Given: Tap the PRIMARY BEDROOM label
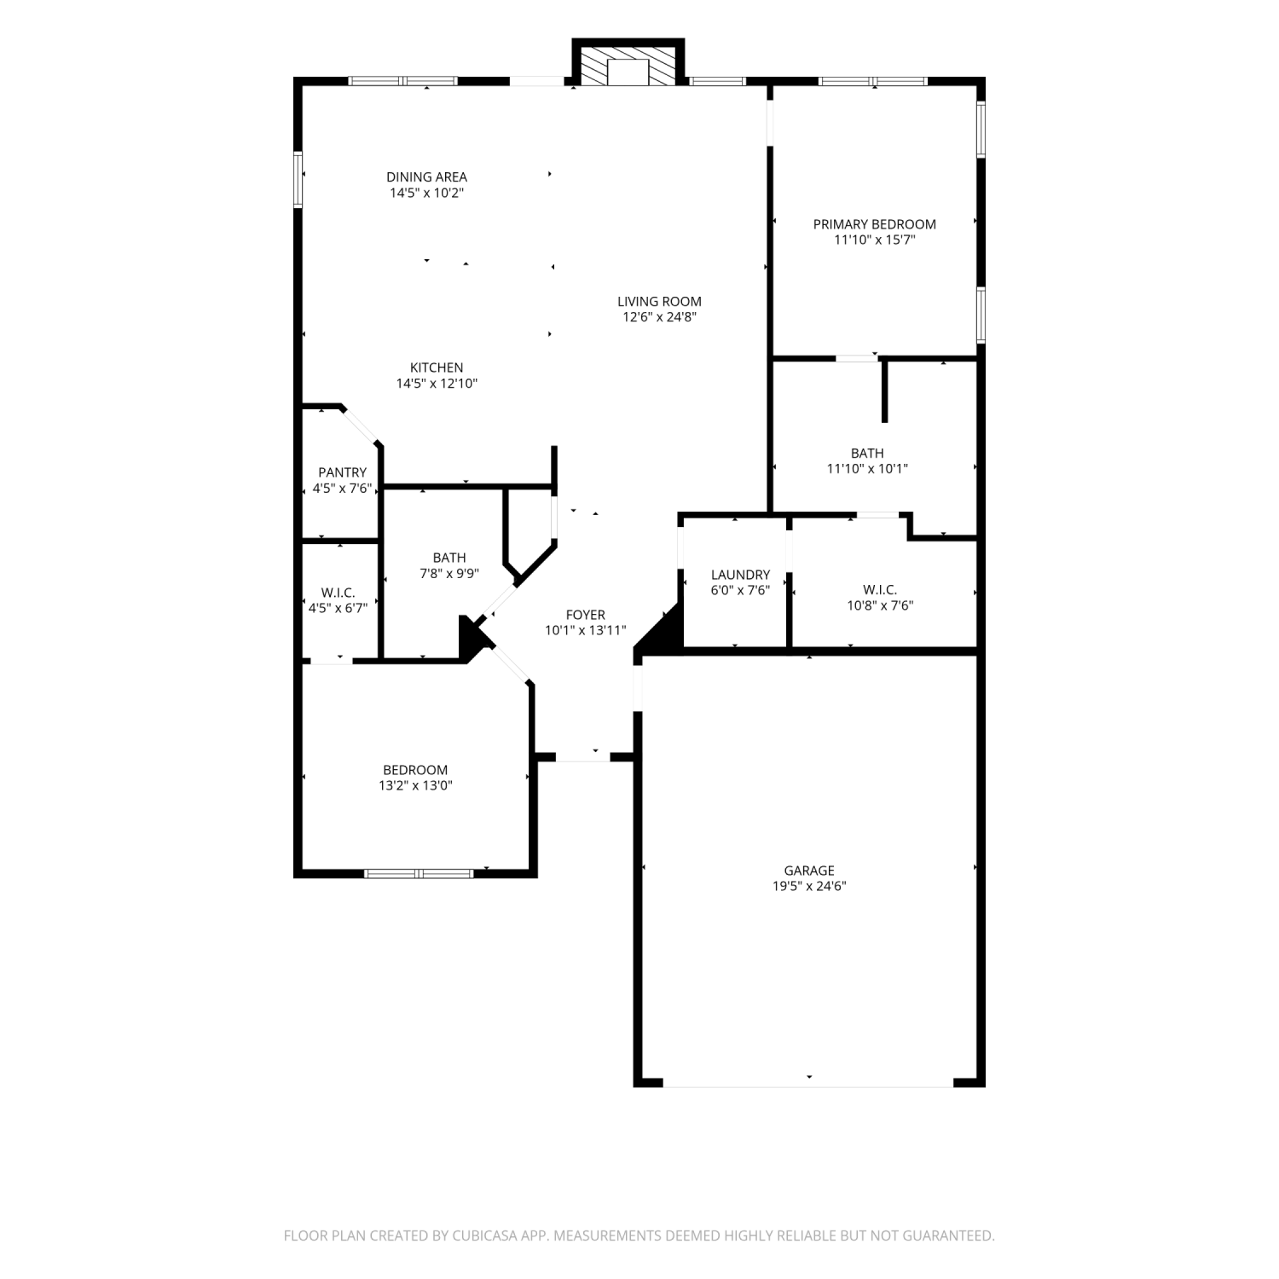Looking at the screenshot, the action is (874, 224).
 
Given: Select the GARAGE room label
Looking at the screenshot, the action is (809, 871).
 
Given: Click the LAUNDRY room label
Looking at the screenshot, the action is (740, 575).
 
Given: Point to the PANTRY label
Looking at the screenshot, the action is (342, 472).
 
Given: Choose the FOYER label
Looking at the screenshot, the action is (585, 615).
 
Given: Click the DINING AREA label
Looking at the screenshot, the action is (426, 177).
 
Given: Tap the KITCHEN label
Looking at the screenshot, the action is (437, 368).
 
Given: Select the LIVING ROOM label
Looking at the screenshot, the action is (659, 301).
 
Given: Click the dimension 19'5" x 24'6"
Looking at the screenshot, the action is (809, 886).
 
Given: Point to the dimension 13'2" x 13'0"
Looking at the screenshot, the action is (415, 785).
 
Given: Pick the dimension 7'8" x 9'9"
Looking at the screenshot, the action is (449, 574).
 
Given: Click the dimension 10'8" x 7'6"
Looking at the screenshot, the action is (880, 605).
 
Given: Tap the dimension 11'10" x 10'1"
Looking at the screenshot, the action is (867, 468).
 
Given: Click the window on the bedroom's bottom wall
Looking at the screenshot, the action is (419, 873).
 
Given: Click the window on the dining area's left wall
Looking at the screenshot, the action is (298, 179).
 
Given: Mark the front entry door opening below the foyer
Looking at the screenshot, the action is (584, 757).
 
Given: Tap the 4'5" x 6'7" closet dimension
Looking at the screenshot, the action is (338, 607).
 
